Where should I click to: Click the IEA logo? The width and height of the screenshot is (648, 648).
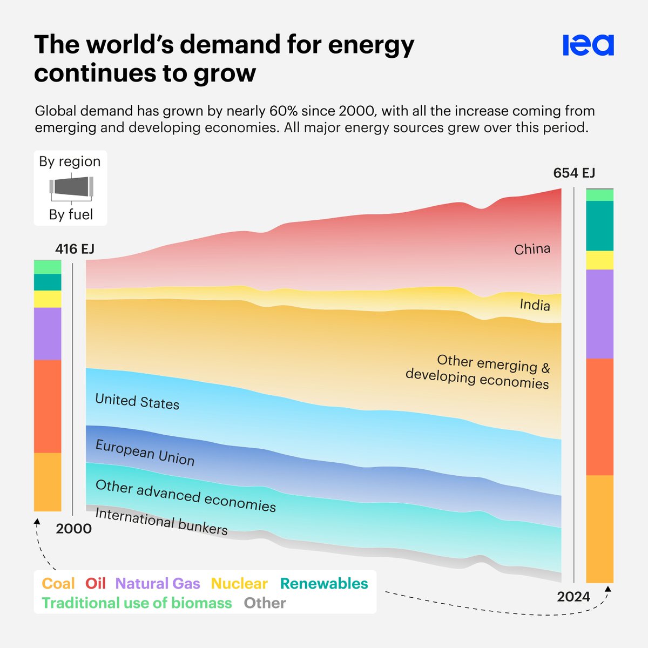pyautogui.click(x=588, y=45)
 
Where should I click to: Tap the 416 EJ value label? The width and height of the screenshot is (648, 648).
pyautogui.click(x=75, y=249)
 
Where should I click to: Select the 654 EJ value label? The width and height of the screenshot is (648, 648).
pyautogui.click(x=574, y=173)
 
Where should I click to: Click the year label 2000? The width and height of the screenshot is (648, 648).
pyautogui.click(x=74, y=529)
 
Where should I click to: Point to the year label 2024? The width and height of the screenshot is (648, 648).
pyautogui.click(x=573, y=597)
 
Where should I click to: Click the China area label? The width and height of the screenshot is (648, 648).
pyautogui.click(x=532, y=249)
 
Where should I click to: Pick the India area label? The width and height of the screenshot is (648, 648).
pyautogui.click(x=535, y=305)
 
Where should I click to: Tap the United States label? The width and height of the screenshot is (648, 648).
pyautogui.click(x=137, y=402)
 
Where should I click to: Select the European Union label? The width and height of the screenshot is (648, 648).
pyautogui.click(x=145, y=453)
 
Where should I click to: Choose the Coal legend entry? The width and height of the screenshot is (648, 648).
pyautogui.click(x=58, y=584)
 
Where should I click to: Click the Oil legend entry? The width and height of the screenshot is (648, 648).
pyautogui.click(x=96, y=584)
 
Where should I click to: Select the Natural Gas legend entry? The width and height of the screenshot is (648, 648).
pyautogui.click(x=158, y=584)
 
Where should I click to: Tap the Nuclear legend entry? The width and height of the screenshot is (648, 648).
pyautogui.click(x=239, y=584)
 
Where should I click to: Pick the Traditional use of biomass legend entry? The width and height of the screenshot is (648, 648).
pyautogui.click(x=137, y=603)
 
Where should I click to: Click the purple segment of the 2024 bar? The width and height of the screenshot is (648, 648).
pyautogui.click(x=599, y=314)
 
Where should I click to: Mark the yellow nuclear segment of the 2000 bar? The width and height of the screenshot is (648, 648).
pyautogui.click(x=48, y=299)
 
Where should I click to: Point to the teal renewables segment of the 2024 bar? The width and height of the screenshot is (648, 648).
pyautogui.click(x=599, y=226)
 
